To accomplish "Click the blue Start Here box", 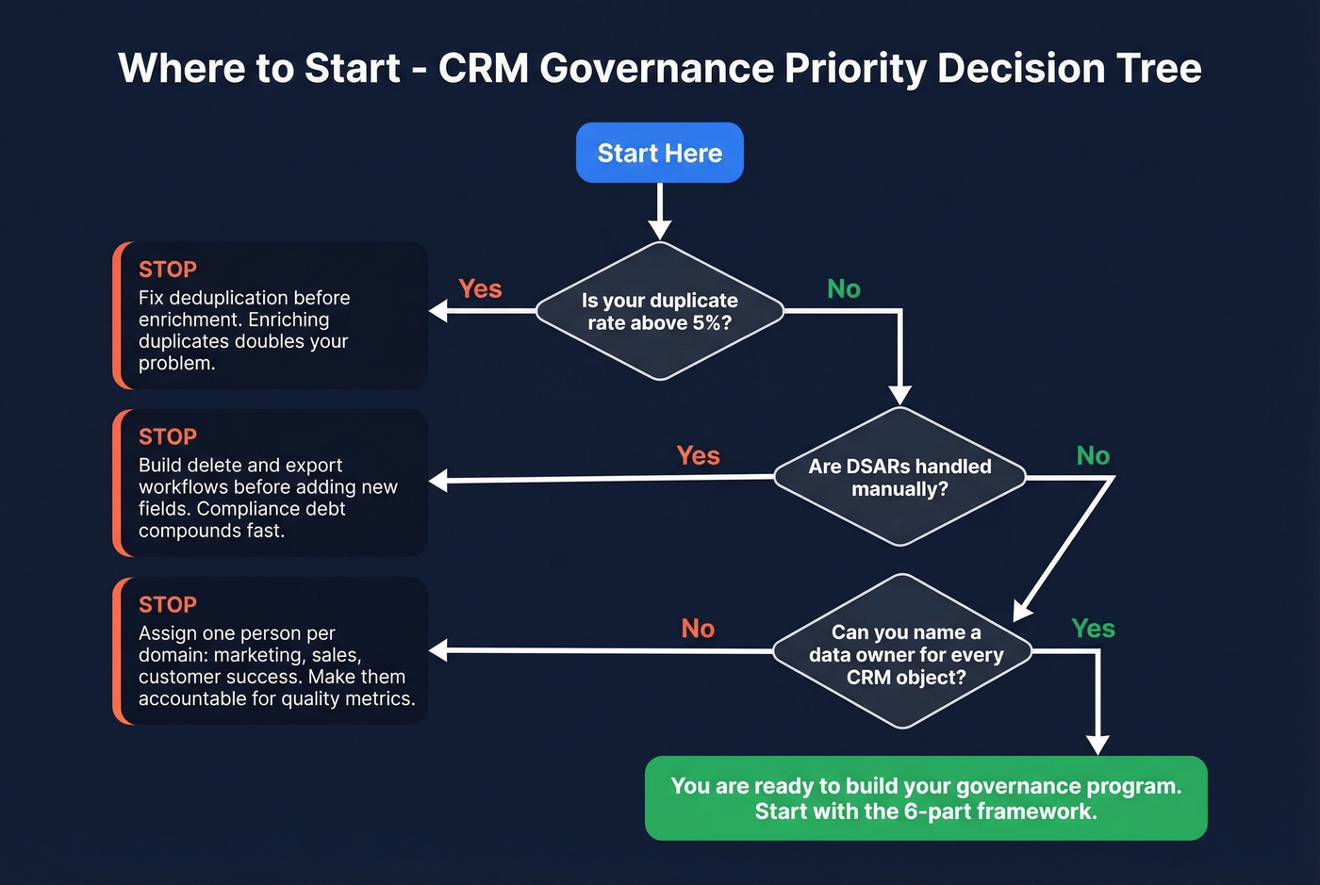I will pos(660,153).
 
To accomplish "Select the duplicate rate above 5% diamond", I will pos(660,311).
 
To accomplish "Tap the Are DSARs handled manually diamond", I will pos(899,477).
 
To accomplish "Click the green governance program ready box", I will pos(926,798).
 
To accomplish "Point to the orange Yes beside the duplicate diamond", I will pos(480,289).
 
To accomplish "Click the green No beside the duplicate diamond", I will pos(844,289).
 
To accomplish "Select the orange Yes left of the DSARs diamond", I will pos(698,456).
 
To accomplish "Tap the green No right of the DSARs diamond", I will pos(1093,456).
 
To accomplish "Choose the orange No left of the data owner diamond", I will pos(698,629).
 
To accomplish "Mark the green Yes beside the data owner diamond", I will pos(1093,629).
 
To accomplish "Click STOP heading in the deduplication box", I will pos(168,270).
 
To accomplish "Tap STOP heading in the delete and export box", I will pos(168,437).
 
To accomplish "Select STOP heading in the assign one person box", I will pos(168,605).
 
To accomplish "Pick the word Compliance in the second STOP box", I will pos(246,509).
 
